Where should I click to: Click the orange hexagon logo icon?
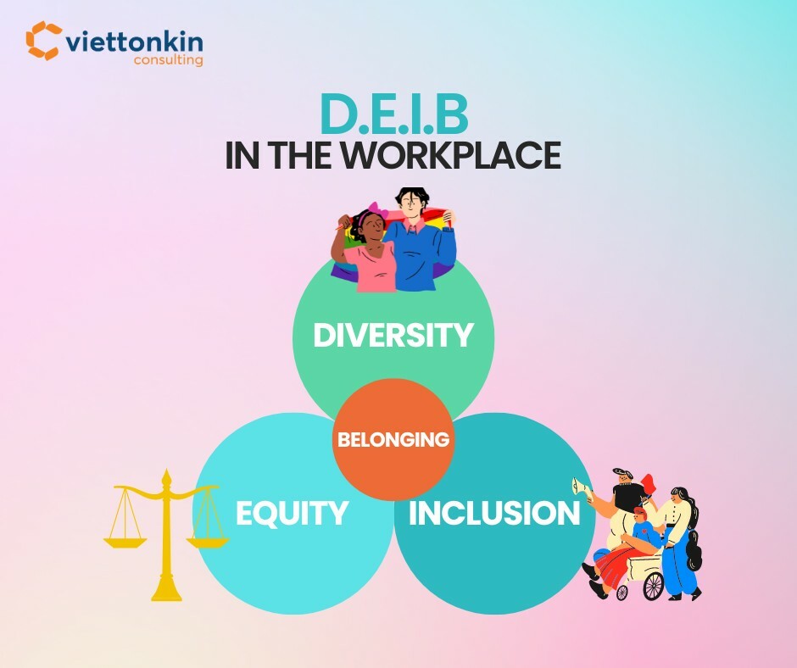(x=44, y=40)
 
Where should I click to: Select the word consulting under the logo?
(x=168, y=60)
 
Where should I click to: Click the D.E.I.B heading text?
(x=394, y=117)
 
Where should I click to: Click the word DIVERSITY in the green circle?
(x=393, y=335)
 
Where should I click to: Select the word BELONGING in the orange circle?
(x=393, y=440)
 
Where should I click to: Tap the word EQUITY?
(x=292, y=513)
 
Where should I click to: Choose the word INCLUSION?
(x=494, y=513)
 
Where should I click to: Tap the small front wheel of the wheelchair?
(x=621, y=591)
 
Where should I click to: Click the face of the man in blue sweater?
(x=413, y=206)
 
